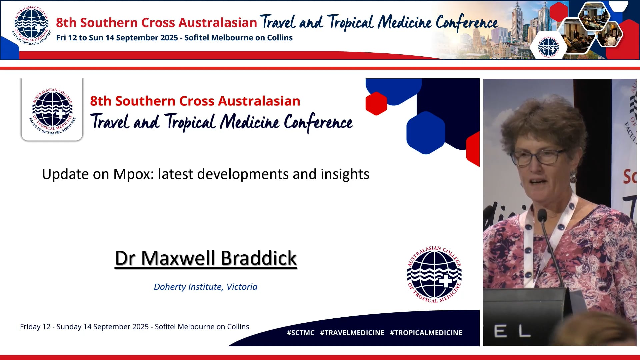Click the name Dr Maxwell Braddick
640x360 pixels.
coord(206,258)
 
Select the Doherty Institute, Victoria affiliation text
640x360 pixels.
coord(205,287)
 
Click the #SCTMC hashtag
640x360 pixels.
coord(300,333)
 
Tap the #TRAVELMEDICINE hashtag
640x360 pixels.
coord(352,333)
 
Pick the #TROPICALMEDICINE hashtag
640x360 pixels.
coord(426,333)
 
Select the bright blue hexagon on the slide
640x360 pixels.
coord(425,133)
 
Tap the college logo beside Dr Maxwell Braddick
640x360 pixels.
coord(434,274)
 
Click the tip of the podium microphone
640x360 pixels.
coord(542,215)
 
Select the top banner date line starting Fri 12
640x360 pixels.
coord(174,38)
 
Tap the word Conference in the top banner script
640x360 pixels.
coord(467,23)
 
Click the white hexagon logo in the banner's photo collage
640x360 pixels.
coord(548,47)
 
